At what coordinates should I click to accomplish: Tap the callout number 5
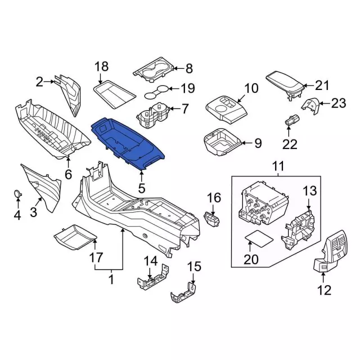pos(142,188)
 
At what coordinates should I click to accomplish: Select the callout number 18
pos(101,66)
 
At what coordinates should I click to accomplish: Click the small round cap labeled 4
pos(18,193)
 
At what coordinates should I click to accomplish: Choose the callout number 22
pos(290,144)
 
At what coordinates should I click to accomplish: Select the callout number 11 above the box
pos(278,166)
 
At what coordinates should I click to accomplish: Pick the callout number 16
pos(214,198)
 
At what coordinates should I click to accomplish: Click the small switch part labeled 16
pos(211,219)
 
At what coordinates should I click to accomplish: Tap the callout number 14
pos(151,261)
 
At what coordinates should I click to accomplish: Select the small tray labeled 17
pos(75,237)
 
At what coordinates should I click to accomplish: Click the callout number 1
pos(111,280)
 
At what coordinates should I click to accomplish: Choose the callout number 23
pos(338,103)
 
